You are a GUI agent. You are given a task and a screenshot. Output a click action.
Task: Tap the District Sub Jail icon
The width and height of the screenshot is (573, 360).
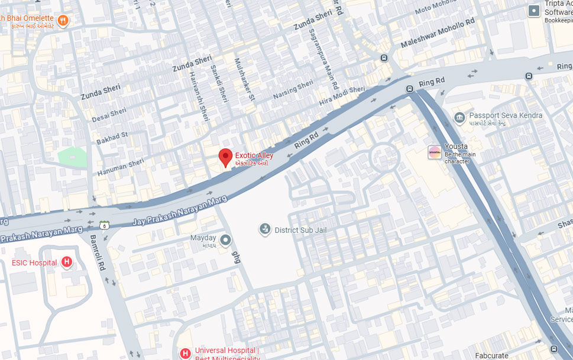point(266,229)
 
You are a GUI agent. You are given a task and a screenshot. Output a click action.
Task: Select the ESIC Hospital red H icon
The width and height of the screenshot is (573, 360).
point(67,262)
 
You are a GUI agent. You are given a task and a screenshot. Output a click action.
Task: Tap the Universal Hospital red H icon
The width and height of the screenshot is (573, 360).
point(185,353)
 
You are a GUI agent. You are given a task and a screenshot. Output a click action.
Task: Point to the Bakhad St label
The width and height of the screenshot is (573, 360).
point(112,139)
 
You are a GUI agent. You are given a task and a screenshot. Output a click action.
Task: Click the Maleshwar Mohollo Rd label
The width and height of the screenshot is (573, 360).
point(438,33)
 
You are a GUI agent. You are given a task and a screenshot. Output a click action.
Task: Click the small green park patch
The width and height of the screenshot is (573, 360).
point(72,157)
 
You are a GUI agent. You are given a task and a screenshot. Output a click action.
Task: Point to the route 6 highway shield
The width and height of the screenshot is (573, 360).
point(104,225)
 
